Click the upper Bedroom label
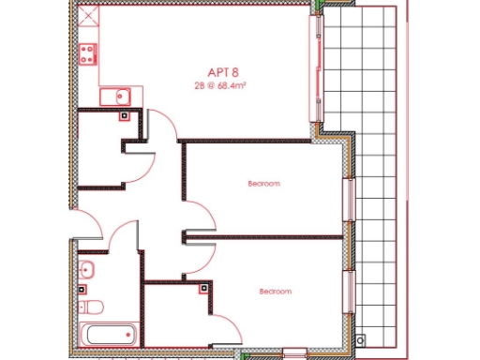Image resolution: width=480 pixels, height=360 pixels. point(263,184)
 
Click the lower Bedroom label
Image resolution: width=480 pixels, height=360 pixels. point(275,292)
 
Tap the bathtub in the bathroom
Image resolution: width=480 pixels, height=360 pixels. point(109,334)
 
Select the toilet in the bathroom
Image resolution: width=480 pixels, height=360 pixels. point(91,306)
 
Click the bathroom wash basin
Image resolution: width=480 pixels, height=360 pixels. point(87,270)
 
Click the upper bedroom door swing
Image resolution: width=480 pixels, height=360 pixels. point(195,211)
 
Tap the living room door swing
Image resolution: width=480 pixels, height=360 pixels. point(161,127)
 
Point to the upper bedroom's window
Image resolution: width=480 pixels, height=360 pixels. point(349,199)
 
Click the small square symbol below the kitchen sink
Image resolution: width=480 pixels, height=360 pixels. point(124,116)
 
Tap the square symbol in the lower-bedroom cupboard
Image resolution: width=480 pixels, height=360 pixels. point(203,289)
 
